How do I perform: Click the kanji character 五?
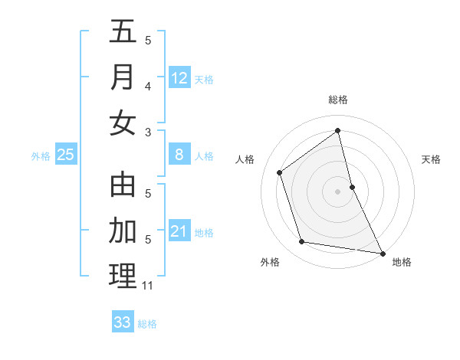click(123, 32)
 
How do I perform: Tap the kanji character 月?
click(123, 77)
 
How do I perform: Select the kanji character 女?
click(123, 123)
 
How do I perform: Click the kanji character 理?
click(123, 276)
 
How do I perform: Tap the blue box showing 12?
click(179, 78)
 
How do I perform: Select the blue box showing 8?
click(179, 155)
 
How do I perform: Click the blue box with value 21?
click(179, 231)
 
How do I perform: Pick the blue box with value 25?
click(66, 155)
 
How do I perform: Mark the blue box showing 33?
click(123, 322)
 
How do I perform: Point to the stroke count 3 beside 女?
click(148, 133)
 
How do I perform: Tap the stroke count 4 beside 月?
click(148, 87)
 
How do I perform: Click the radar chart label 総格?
click(338, 100)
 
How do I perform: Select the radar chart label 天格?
click(432, 159)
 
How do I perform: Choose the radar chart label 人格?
click(245, 159)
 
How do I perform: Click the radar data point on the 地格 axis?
click(382, 252)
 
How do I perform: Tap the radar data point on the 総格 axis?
click(338, 131)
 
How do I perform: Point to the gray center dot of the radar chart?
click(338, 191)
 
